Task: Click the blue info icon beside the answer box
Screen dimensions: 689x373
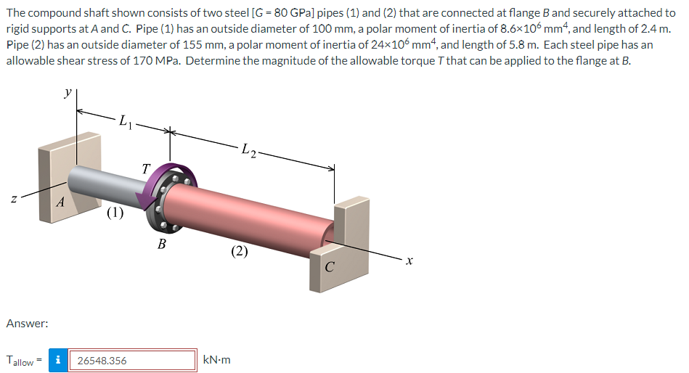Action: (58, 360)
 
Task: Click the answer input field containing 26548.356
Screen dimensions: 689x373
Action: (132, 360)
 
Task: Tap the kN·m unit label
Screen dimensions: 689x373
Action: (216, 360)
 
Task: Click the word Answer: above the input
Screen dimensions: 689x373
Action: (28, 324)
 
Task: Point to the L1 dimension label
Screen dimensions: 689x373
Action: (125, 120)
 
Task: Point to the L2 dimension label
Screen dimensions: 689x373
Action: (249, 150)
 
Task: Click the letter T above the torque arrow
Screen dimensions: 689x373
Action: (146, 168)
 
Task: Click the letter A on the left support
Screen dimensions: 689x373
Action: (61, 202)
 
